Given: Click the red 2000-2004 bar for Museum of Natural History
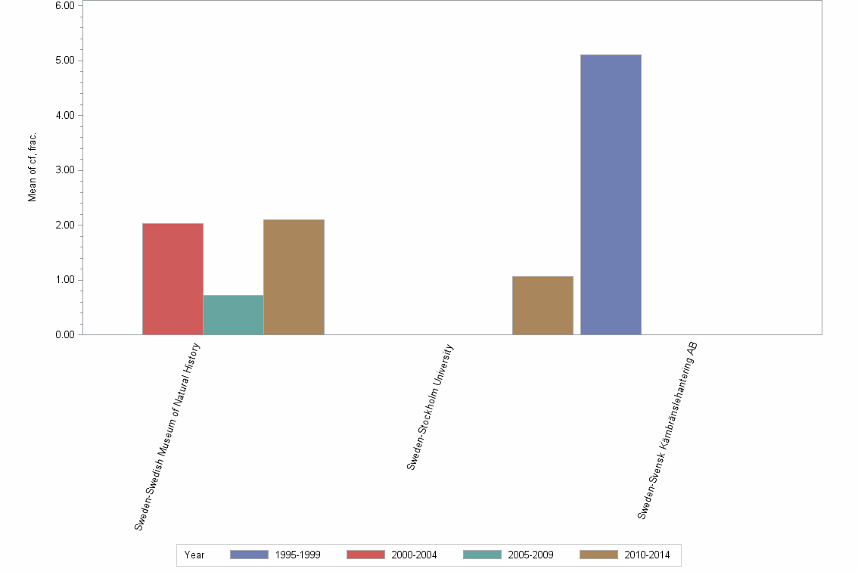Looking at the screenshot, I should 173,278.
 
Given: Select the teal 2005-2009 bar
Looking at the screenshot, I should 233,315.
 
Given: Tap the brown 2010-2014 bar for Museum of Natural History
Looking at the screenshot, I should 294,277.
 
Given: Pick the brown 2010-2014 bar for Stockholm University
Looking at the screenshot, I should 542,305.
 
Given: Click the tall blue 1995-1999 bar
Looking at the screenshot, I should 611,194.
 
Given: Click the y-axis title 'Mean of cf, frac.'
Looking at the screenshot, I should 33,168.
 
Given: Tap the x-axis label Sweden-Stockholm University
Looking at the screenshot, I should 429,407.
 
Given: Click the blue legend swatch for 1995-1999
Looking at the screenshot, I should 249,555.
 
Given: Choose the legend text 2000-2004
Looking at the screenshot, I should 414,555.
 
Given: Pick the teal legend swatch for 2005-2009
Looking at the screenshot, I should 482,555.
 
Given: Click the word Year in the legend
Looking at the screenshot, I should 194,555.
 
